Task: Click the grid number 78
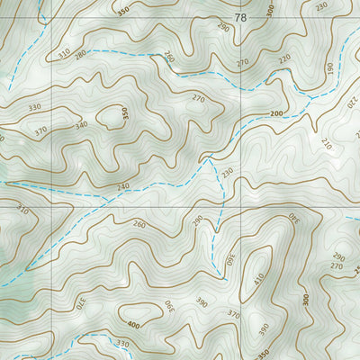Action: (x=239, y=18)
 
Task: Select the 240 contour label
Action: (x=123, y=186)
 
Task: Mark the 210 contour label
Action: (x=326, y=144)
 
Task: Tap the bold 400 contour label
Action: (x=133, y=324)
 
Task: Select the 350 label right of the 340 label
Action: (x=125, y=114)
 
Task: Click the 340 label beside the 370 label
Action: (x=82, y=124)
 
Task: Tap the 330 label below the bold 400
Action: (x=123, y=344)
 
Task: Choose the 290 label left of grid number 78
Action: (x=223, y=29)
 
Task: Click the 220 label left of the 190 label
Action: (x=285, y=59)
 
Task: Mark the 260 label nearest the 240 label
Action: (x=139, y=224)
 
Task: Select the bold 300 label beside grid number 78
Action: (x=271, y=11)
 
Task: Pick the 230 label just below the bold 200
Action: (x=228, y=172)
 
